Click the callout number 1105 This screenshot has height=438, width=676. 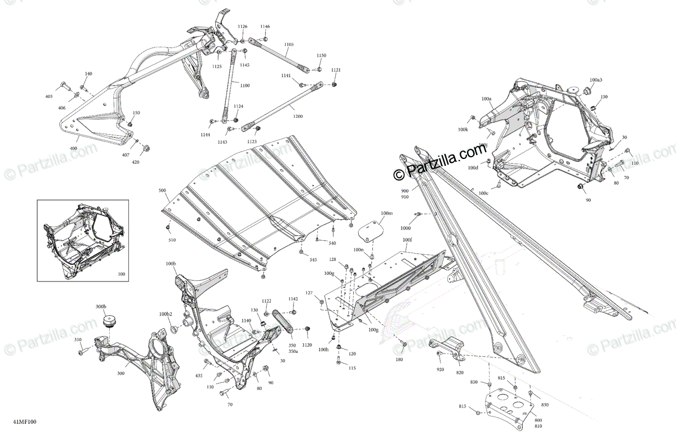click(x=288, y=44)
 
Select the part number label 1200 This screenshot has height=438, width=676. click(x=297, y=116)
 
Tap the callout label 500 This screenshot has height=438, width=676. click(x=162, y=191)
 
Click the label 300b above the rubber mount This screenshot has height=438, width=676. click(x=101, y=306)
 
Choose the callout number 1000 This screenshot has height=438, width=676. click(x=406, y=228)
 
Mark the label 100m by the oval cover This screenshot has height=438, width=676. click(x=386, y=213)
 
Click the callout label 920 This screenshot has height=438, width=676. click(x=439, y=370)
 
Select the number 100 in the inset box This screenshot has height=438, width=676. click(x=121, y=275)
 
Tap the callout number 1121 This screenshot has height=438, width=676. click(x=336, y=70)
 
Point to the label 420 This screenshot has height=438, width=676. click(x=135, y=162)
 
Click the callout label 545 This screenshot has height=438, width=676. click(x=313, y=260)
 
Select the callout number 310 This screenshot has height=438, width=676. click(x=78, y=340)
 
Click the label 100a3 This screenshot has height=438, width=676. click(x=596, y=80)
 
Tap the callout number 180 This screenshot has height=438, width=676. click(x=399, y=359)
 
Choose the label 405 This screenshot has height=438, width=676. click(x=49, y=97)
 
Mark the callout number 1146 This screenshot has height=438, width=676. click(x=265, y=26)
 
